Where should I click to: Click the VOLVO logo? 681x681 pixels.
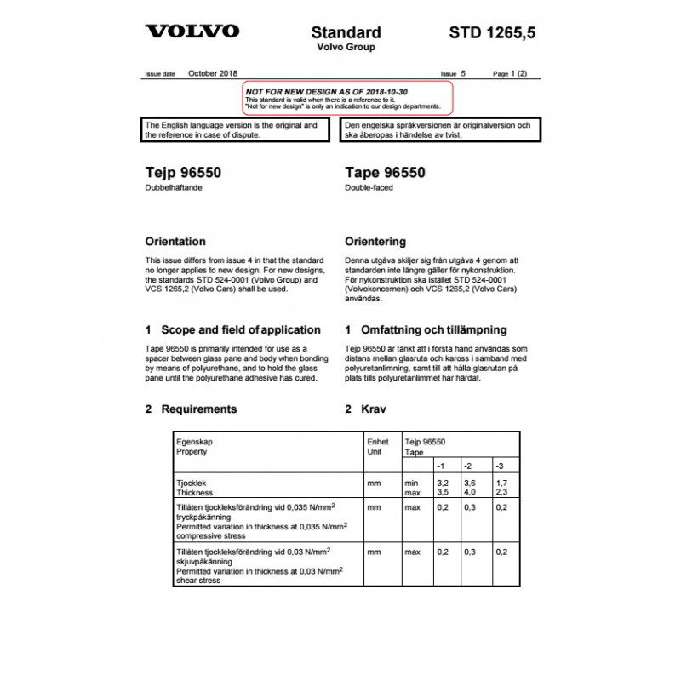pos(192,31)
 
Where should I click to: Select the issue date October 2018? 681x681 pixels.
pos(213,74)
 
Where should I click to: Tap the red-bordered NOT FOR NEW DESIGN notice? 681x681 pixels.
pos(343,99)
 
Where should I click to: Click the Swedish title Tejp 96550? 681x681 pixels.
pos(183,173)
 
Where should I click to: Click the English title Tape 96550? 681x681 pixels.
pos(385,173)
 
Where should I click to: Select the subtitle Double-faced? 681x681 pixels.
pos(369,188)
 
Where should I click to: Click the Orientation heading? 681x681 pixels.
pos(175,242)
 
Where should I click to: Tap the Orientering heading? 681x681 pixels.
pos(375,242)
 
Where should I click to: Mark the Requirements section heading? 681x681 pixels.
pos(198,409)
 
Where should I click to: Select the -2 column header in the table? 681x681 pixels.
pos(467,466)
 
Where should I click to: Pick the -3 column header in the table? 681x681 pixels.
pos(500,466)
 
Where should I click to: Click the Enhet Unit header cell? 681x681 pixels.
pos(377,447)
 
